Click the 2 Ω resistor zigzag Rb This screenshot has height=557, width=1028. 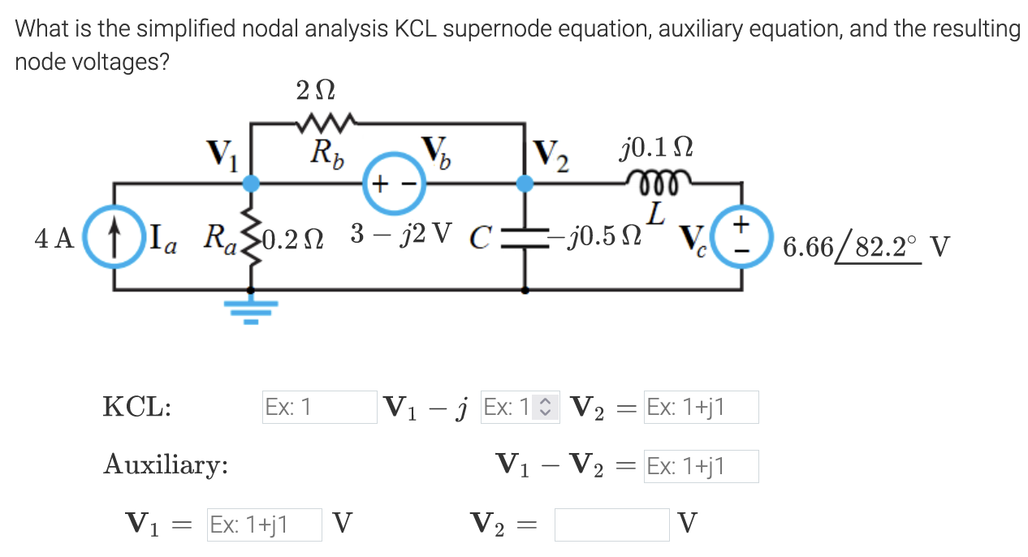coord(323,124)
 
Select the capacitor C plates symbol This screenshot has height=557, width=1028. coord(526,237)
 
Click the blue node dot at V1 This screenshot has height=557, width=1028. coord(252,184)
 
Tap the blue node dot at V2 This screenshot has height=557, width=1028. coord(526,184)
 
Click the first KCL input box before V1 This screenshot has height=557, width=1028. coord(318,407)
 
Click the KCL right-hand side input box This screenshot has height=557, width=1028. coord(701,407)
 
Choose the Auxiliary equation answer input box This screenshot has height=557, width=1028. coord(701,466)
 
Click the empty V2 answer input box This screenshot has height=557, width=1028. coord(611,525)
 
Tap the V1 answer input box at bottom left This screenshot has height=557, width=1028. coord(264,525)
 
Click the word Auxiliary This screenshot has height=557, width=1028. coord(165,466)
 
